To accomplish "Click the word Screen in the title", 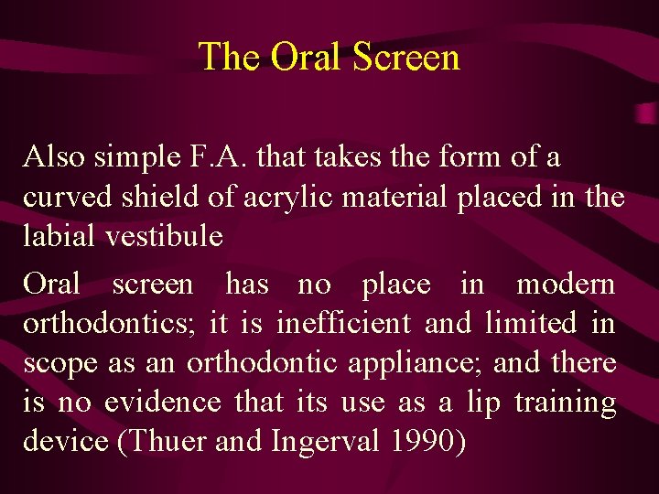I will pyautogui.click(x=405, y=57).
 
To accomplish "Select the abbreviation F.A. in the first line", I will pyautogui.click(x=219, y=157).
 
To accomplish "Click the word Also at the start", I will pyautogui.click(x=53, y=157).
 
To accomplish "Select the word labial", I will pyautogui.click(x=59, y=237).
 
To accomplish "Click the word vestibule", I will pyautogui.click(x=164, y=237).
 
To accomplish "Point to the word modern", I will pyautogui.click(x=566, y=285).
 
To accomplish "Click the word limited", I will pyautogui.click(x=531, y=324).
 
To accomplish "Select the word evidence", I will pyautogui.click(x=163, y=403).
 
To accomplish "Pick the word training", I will pyautogui.click(x=565, y=403).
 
